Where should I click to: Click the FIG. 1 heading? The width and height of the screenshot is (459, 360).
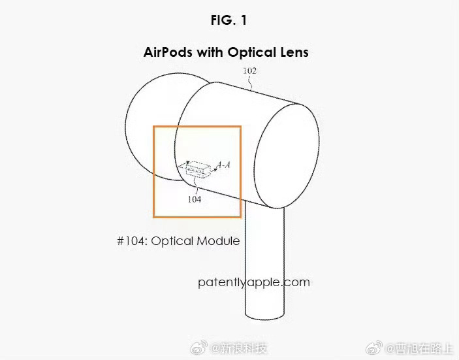click(229, 20)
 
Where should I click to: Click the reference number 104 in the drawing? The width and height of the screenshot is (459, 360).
click(194, 199)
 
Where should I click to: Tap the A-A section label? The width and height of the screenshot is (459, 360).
click(223, 166)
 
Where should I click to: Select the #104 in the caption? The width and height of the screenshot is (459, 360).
click(132, 241)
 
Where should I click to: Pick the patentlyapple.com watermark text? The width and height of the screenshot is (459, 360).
click(253, 282)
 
